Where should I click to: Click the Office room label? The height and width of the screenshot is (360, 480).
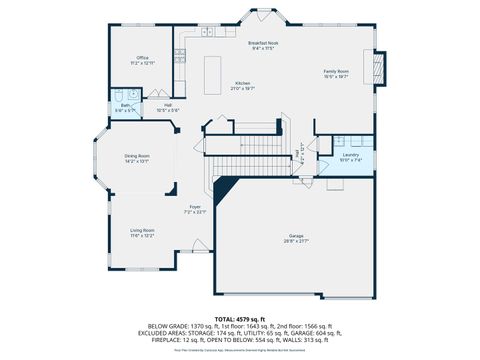(142, 58)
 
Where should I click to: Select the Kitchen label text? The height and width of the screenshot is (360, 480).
(242, 83)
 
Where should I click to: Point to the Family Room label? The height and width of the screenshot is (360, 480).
(336, 72)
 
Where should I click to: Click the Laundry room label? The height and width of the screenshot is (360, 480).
(350, 155)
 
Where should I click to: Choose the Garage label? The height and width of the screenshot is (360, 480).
(296, 236)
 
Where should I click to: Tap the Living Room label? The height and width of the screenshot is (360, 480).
(141, 231)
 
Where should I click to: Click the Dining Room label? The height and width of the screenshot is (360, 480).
(137, 156)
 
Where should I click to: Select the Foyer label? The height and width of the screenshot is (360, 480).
(195, 207)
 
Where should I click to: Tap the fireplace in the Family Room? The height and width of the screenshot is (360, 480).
(377, 68)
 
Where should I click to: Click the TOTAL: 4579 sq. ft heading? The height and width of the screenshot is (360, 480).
(240, 318)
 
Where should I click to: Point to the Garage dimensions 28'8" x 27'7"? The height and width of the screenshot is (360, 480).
(296, 241)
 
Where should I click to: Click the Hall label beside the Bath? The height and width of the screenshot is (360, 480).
(169, 105)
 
